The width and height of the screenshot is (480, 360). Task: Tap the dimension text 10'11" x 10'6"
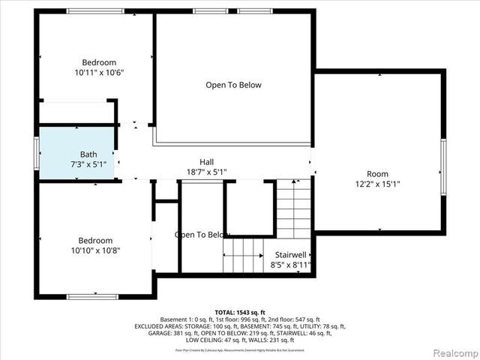pos(99,73)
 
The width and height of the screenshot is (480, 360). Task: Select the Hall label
pos(207,162)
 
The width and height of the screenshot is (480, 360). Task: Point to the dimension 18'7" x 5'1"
pos(207,172)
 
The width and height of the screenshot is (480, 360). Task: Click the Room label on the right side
pos(377,174)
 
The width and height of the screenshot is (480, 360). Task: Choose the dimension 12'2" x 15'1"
pos(377,184)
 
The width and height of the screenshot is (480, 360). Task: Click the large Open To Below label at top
pos(233,85)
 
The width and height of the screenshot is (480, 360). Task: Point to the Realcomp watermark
pos(451,352)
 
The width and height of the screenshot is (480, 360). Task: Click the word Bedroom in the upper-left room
pos(99,62)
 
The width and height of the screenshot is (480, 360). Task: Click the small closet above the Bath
pos(76,113)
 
